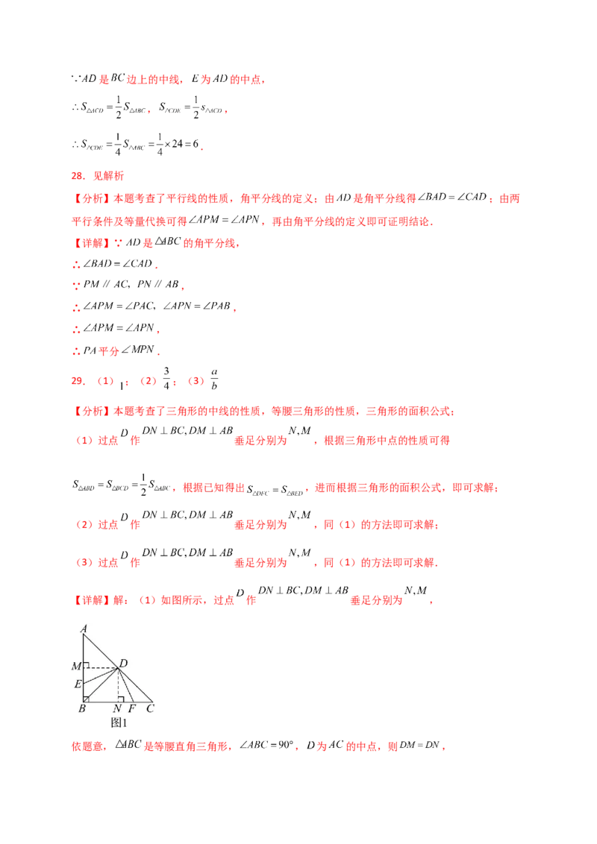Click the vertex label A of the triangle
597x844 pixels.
84,629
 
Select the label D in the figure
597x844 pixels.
123,663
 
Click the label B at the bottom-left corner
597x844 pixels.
81,708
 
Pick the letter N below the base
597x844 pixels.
118,708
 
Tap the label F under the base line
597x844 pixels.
133,708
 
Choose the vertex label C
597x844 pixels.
150,708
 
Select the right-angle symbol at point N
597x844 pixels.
119,699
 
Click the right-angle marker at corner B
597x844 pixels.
87,699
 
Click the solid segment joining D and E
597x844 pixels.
101,675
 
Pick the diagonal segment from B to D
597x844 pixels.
101,684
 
